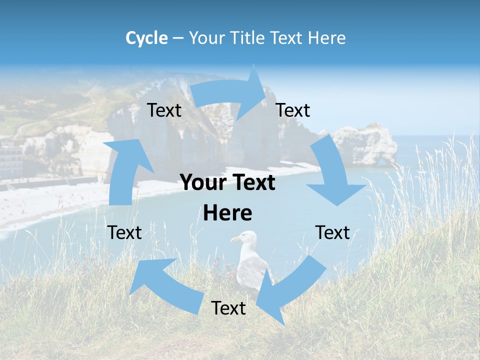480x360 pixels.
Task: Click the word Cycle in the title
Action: click(146, 38)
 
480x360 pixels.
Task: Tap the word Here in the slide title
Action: click(326, 38)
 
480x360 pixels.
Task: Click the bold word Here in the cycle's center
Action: click(227, 213)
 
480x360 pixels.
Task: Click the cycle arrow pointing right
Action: click(230, 95)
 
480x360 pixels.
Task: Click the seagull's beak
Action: click(234, 239)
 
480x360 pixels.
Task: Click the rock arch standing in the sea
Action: click(365, 144)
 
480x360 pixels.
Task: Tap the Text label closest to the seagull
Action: click(228, 308)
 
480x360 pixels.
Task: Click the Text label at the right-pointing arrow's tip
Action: click(293, 110)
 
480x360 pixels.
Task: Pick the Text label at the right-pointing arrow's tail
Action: click(164, 110)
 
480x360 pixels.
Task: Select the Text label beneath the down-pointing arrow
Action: click(332, 232)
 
